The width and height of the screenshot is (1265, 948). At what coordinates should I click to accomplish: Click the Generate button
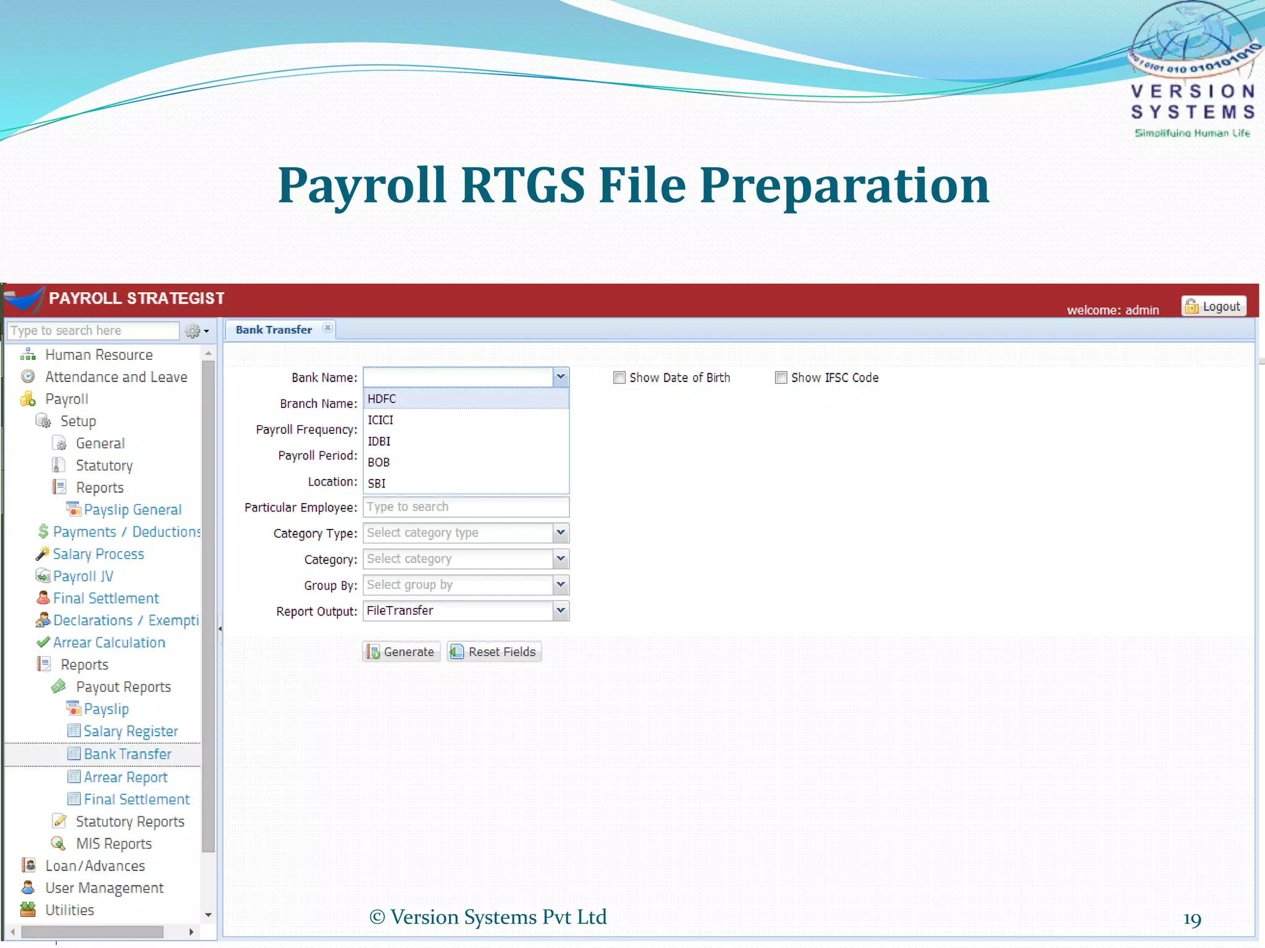click(x=401, y=652)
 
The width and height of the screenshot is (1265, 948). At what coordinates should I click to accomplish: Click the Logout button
click(x=1214, y=307)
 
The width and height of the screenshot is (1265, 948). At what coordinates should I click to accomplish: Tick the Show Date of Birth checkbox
click(x=619, y=378)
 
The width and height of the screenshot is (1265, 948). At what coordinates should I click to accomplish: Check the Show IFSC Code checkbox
click(x=781, y=378)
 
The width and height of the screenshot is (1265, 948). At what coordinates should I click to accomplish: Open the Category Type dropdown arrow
click(x=560, y=533)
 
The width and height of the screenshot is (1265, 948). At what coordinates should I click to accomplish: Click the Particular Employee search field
click(x=465, y=507)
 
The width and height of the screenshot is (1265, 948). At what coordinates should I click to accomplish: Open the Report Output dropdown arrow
click(x=560, y=611)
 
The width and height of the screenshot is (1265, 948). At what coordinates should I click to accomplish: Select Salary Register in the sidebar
click(x=130, y=731)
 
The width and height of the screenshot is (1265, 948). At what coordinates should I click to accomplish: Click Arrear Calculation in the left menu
click(x=109, y=642)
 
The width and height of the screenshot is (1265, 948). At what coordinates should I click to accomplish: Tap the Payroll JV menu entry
click(x=83, y=576)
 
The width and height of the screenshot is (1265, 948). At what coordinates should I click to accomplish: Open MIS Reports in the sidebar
click(x=114, y=844)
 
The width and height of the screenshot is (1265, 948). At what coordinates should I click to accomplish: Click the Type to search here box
click(x=93, y=331)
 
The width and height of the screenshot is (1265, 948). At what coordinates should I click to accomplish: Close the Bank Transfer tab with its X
click(x=327, y=328)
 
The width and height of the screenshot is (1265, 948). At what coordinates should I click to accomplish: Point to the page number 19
click(x=1192, y=920)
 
